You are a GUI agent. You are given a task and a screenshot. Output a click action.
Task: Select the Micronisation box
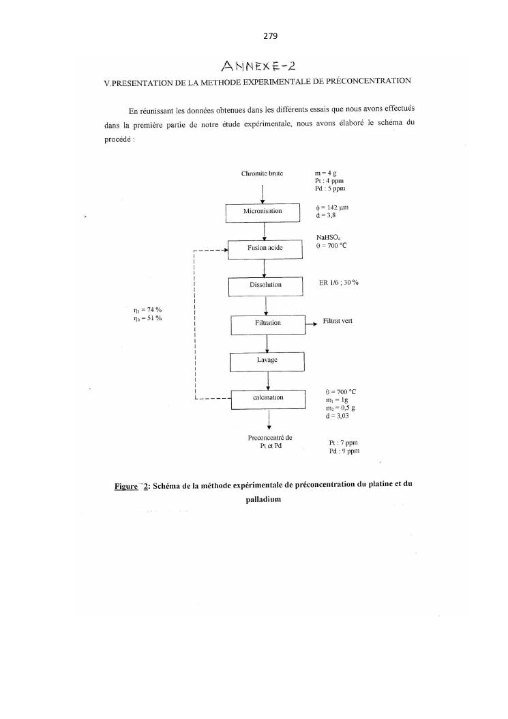(x=263, y=212)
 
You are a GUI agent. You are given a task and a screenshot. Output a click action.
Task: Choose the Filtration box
(x=267, y=323)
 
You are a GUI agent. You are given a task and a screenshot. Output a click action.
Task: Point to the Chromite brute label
(x=263, y=173)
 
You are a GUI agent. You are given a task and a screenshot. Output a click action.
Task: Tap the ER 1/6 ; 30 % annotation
(x=339, y=283)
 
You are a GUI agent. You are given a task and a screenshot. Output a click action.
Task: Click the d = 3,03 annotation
(x=339, y=415)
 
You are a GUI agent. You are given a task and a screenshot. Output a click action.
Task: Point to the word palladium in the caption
(x=263, y=499)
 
